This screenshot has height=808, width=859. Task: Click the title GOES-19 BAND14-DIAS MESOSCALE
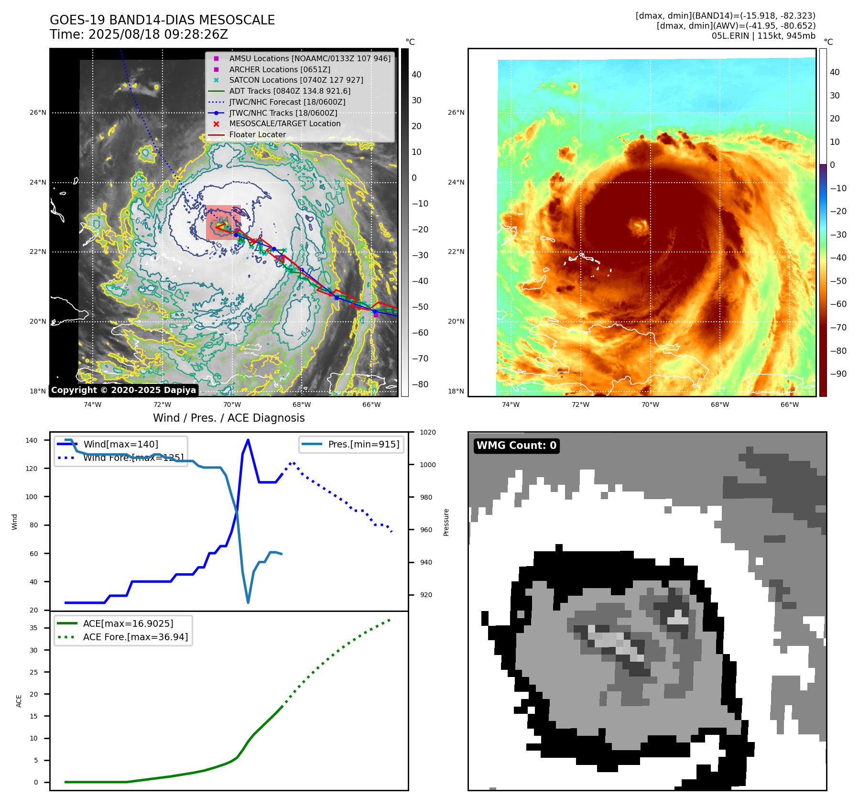point(162,20)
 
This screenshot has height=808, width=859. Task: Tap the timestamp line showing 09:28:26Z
point(139,34)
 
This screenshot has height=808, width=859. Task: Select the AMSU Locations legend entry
point(309,58)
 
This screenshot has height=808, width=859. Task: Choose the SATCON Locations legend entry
point(296,80)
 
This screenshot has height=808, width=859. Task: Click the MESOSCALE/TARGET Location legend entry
point(284,123)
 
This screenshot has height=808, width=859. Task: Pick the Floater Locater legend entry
point(257,134)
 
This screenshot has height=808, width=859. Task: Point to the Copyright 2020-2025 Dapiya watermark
point(123,390)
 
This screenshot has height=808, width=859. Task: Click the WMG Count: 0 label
point(516,446)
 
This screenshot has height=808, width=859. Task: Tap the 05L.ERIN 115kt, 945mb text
point(763,36)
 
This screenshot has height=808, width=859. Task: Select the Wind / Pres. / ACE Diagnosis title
point(228,418)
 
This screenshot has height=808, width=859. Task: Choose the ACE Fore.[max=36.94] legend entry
point(135,637)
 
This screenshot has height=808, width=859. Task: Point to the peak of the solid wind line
point(248,440)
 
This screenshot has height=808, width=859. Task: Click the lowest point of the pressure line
point(248,602)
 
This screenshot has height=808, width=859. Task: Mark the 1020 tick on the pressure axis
point(427,432)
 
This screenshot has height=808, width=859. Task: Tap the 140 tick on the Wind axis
point(32,440)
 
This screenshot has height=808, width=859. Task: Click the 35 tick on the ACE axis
point(33,628)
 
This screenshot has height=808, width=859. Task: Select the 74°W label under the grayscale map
point(92,404)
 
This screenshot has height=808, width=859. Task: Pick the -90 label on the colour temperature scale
point(838,374)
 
